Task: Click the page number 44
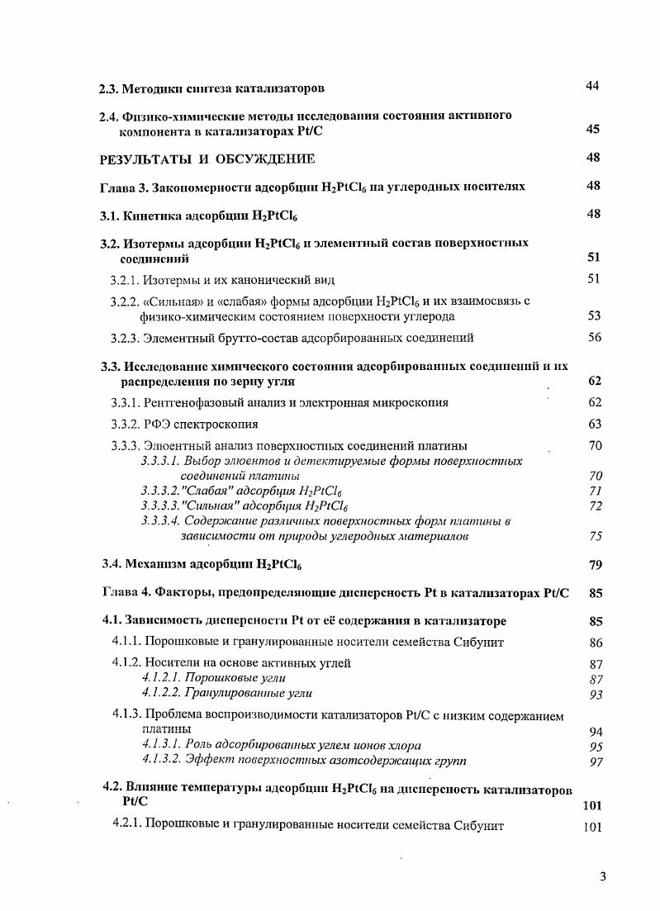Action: [592, 87]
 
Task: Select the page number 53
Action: [594, 316]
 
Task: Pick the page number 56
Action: [594, 337]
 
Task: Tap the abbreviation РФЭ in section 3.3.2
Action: [159, 425]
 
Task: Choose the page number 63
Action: [594, 425]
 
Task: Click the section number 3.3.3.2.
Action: [160, 491]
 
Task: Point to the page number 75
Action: [596, 536]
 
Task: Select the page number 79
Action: [596, 565]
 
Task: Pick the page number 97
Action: [596, 761]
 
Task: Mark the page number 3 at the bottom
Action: [603, 878]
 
